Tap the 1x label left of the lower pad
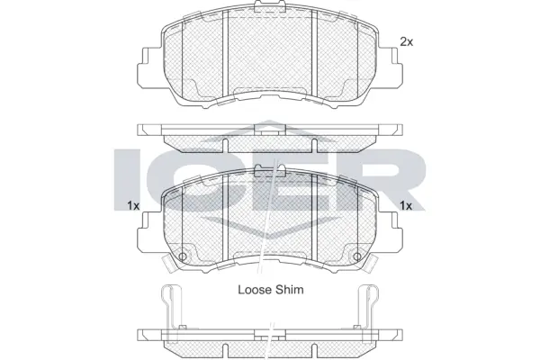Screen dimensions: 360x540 pyautogui.click(x=132, y=206)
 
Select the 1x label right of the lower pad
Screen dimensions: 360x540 pyautogui.click(x=405, y=206)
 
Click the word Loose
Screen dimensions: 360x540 pyautogui.click(x=255, y=290)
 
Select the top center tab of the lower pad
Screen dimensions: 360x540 pyautogui.click(x=269, y=174)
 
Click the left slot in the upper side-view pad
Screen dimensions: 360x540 pyautogui.click(x=221, y=143)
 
